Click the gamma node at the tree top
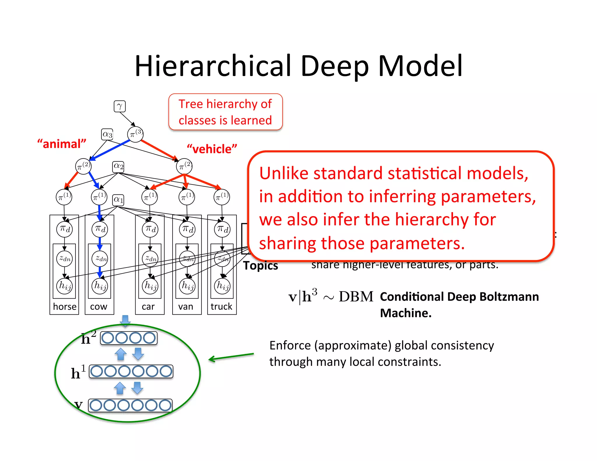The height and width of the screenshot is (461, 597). click(x=120, y=106)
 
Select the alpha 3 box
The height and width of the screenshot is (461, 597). click(x=107, y=134)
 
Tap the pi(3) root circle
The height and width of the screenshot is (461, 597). click(x=135, y=134)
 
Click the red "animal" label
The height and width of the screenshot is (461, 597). click(x=62, y=144)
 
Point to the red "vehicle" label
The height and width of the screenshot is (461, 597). click(x=212, y=149)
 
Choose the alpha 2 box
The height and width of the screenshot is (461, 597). click(x=118, y=166)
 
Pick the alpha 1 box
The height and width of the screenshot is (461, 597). click(x=118, y=200)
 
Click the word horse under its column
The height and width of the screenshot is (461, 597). click(x=65, y=307)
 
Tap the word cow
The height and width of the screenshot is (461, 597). click(x=99, y=307)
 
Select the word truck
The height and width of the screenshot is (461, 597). click(x=222, y=307)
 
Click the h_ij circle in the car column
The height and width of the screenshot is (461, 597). click(x=150, y=286)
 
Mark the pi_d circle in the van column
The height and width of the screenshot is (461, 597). click(x=187, y=229)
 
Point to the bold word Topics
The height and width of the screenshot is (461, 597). click(x=261, y=266)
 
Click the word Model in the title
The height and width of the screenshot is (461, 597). click(x=420, y=66)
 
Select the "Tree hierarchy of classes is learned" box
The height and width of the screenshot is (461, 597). click(x=225, y=112)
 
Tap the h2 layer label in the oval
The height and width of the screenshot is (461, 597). click(x=88, y=338)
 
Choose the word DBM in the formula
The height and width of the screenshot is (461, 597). click(x=356, y=297)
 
